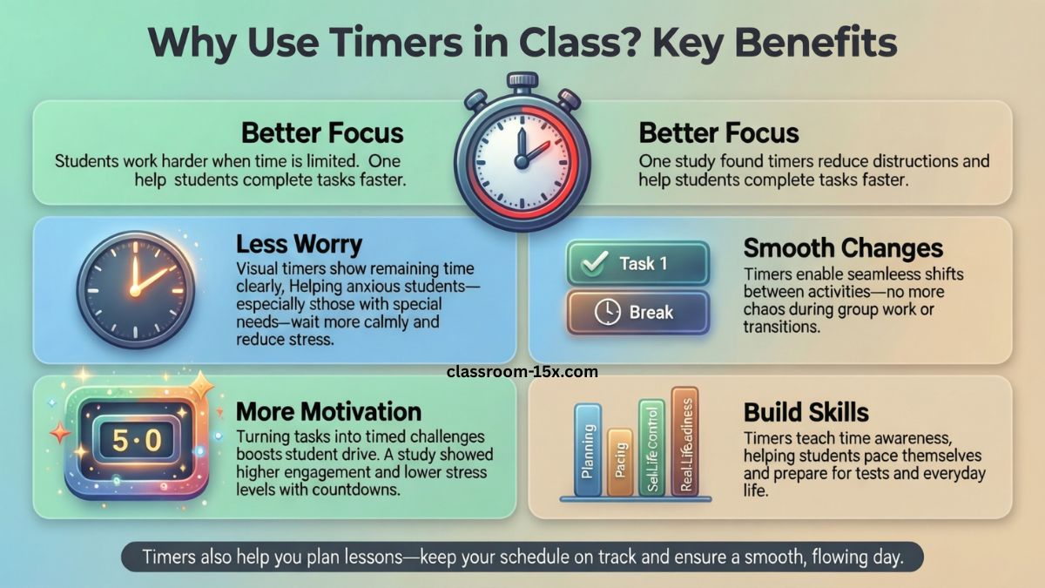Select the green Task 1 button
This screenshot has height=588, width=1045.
coord(637,264)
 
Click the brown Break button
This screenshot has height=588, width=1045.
coord(637,312)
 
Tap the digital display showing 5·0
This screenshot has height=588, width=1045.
coord(138,440)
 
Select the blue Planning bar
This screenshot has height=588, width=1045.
coord(590,449)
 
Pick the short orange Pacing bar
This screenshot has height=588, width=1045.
coord(620,463)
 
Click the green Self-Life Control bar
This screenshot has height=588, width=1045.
coord(651,448)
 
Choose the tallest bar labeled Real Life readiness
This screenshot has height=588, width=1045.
coord(684,441)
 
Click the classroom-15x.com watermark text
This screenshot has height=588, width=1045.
coord(522,371)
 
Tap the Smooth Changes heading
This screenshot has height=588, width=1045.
coord(843,248)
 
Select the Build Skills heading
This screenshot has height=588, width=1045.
coord(806,412)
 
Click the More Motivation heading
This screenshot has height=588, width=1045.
coord(328,411)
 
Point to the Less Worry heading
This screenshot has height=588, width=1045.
coord(299,244)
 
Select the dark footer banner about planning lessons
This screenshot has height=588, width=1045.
coord(522,557)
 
